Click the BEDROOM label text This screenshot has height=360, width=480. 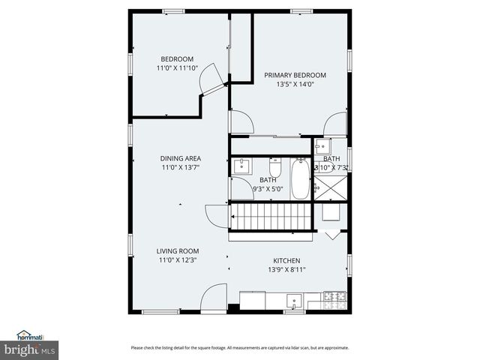click(x=177, y=59)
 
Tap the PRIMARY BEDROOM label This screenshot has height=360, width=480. click(x=295, y=75)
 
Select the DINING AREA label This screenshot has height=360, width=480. click(x=180, y=159)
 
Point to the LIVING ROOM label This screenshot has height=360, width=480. click(x=178, y=251)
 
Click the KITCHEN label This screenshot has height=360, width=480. click(x=286, y=260)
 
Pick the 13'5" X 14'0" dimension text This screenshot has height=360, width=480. click(x=295, y=85)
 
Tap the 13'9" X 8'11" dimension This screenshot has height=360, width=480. click(x=286, y=270)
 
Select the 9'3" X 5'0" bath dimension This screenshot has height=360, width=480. click(x=268, y=190)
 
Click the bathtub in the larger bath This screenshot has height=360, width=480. click(x=300, y=178)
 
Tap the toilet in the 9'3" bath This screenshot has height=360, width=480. click(x=274, y=166)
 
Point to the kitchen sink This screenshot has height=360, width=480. click(x=295, y=302)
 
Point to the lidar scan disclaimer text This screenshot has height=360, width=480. click(x=240, y=347)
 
